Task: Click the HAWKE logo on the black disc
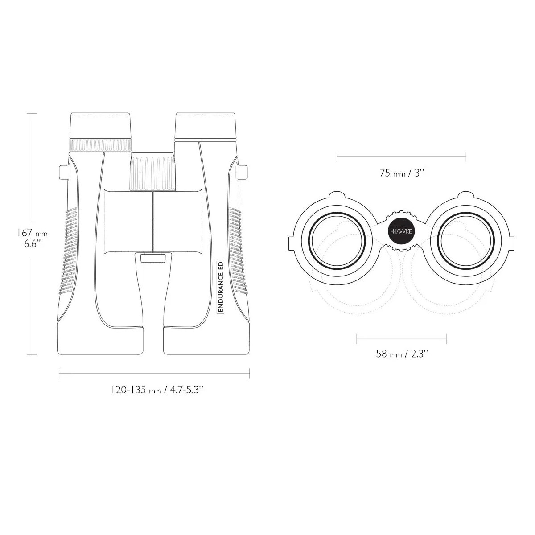click(401, 231)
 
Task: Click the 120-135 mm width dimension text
click(157, 390)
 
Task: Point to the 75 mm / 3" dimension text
click(401, 173)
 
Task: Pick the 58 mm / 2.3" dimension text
click(402, 354)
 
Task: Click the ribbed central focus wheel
click(153, 172)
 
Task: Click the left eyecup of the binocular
click(100, 125)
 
